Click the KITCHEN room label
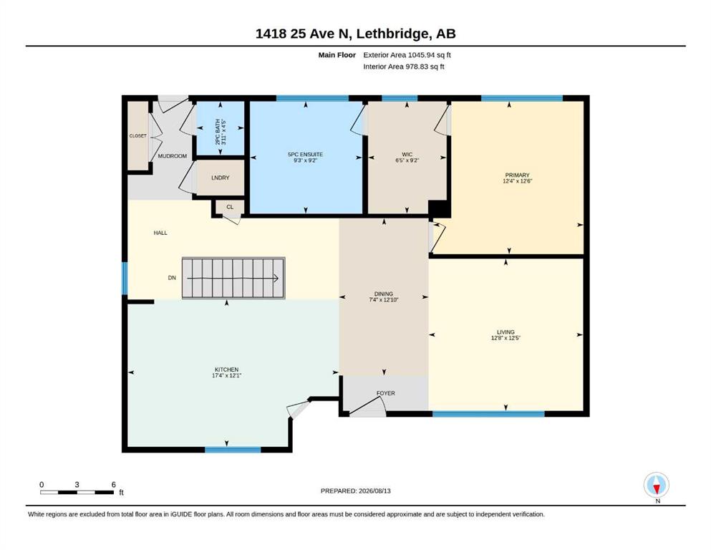[227, 370]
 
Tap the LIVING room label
[506, 332]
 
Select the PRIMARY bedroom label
[518, 175]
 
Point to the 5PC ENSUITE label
[306, 155]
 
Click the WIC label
[407, 155]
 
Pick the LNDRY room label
[221, 178]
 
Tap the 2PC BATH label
[218, 132]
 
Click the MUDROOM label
[173, 156]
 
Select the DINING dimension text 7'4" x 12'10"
[384, 300]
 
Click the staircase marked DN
[233, 278]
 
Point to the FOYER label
[386, 393]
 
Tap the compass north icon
[657, 485]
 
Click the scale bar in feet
[77, 492]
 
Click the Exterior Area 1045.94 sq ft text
[407, 55]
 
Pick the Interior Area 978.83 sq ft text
[404, 67]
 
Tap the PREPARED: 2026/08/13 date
[355, 491]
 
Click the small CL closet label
[230, 207]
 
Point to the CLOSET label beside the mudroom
[138, 135]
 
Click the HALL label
[160, 233]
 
